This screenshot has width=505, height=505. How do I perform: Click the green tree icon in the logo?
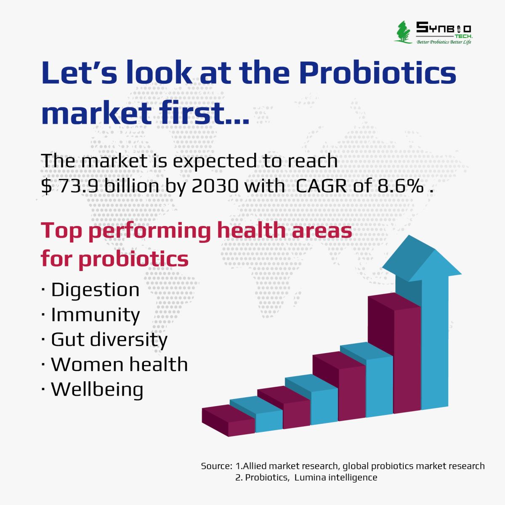click(403, 32)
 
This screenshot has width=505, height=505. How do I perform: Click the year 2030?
click(215, 186)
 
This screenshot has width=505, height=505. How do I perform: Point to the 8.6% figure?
click(401, 186)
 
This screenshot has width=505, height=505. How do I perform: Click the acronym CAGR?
click(321, 186)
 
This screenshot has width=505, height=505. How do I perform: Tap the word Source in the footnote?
click(216, 466)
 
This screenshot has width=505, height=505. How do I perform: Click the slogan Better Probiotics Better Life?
click(444, 42)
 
